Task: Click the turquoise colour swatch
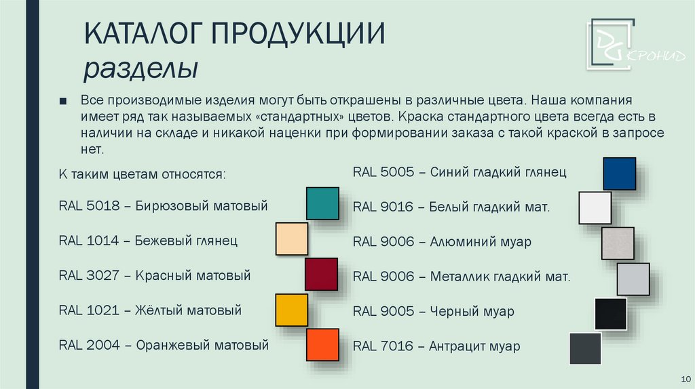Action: pyautogui.click(x=322, y=203)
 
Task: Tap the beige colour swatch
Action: pyautogui.click(x=292, y=239)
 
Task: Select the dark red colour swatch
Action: pyautogui.click(x=321, y=274)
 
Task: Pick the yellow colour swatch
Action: pyautogui.click(x=292, y=310)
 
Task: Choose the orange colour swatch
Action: pyautogui.click(x=322, y=345)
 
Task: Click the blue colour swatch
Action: pyautogui.click(x=619, y=173)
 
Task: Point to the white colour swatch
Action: pyautogui.click(x=595, y=208)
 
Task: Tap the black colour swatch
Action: pyautogui.click(x=611, y=314)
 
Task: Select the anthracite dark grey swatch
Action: pyautogui.click(x=585, y=348)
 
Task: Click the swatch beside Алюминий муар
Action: pyautogui.click(x=618, y=243)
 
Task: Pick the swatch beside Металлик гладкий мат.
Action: pyautogui.click(x=633, y=279)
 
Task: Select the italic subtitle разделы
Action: pyautogui.click(x=140, y=68)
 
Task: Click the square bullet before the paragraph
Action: pyautogui.click(x=63, y=102)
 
